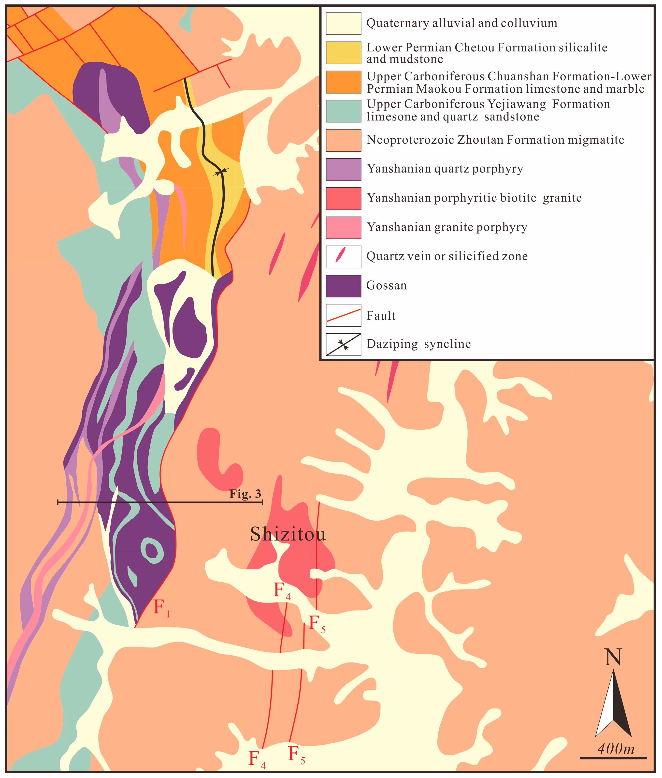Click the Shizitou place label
(x=288, y=534)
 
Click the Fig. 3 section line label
(x=245, y=494)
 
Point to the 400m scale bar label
(x=616, y=749)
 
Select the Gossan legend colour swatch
(x=343, y=286)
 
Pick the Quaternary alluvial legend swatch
(x=343, y=24)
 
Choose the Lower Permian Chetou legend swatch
(x=343, y=53)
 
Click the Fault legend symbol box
(x=343, y=315)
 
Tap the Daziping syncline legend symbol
(x=343, y=344)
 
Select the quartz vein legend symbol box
(x=343, y=257)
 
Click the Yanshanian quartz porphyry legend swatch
(x=343, y=169)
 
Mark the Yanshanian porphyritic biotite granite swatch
(x=343, y=199)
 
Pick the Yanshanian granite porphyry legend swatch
(x=343, y=228)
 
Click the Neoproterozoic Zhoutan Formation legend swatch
(x=343, y=140)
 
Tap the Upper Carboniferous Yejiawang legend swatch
(x=343, y=111)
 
